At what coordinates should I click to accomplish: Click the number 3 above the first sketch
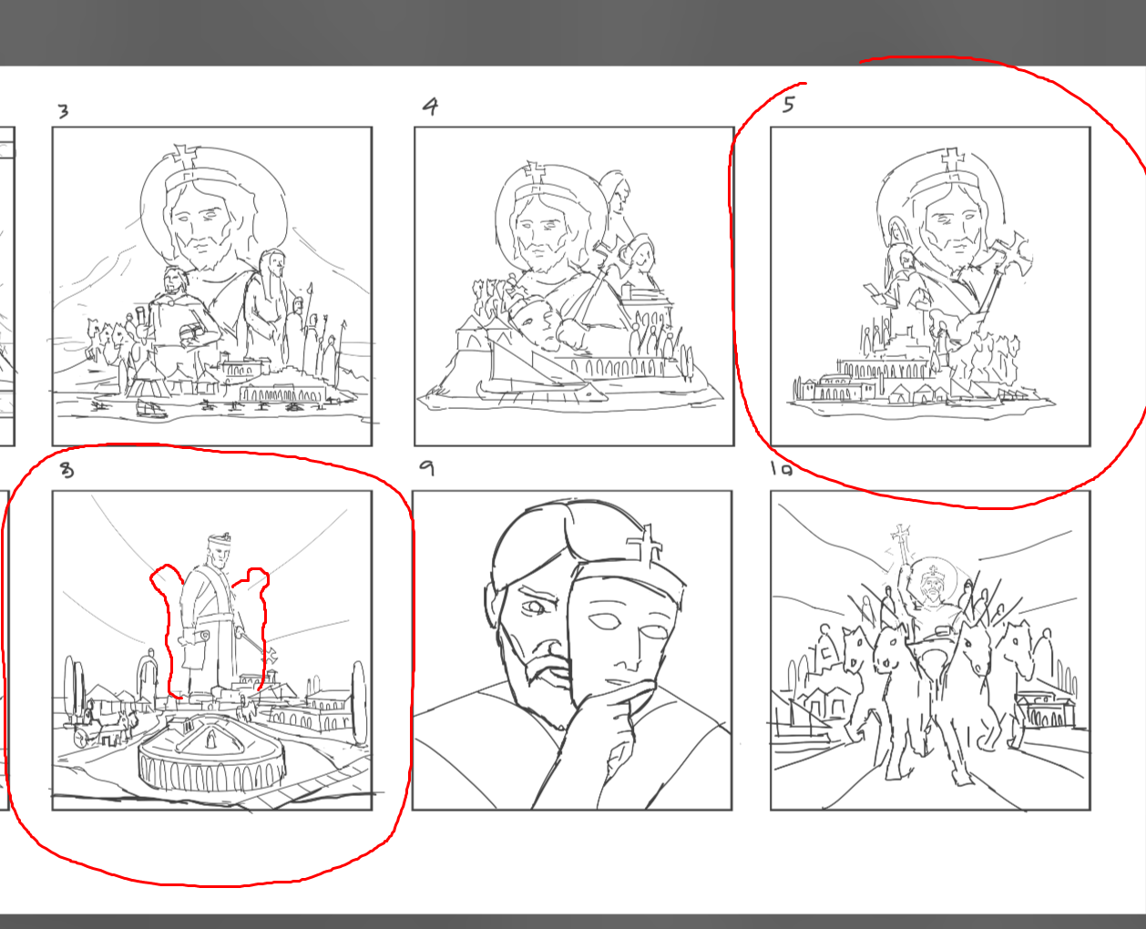pos(63,111)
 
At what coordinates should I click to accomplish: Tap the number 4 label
pos(430,107)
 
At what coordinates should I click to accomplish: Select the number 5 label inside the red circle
pos(789,104)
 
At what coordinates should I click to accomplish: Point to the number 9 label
pos(426,468)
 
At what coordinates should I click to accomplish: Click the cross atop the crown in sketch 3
pos(185,154)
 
